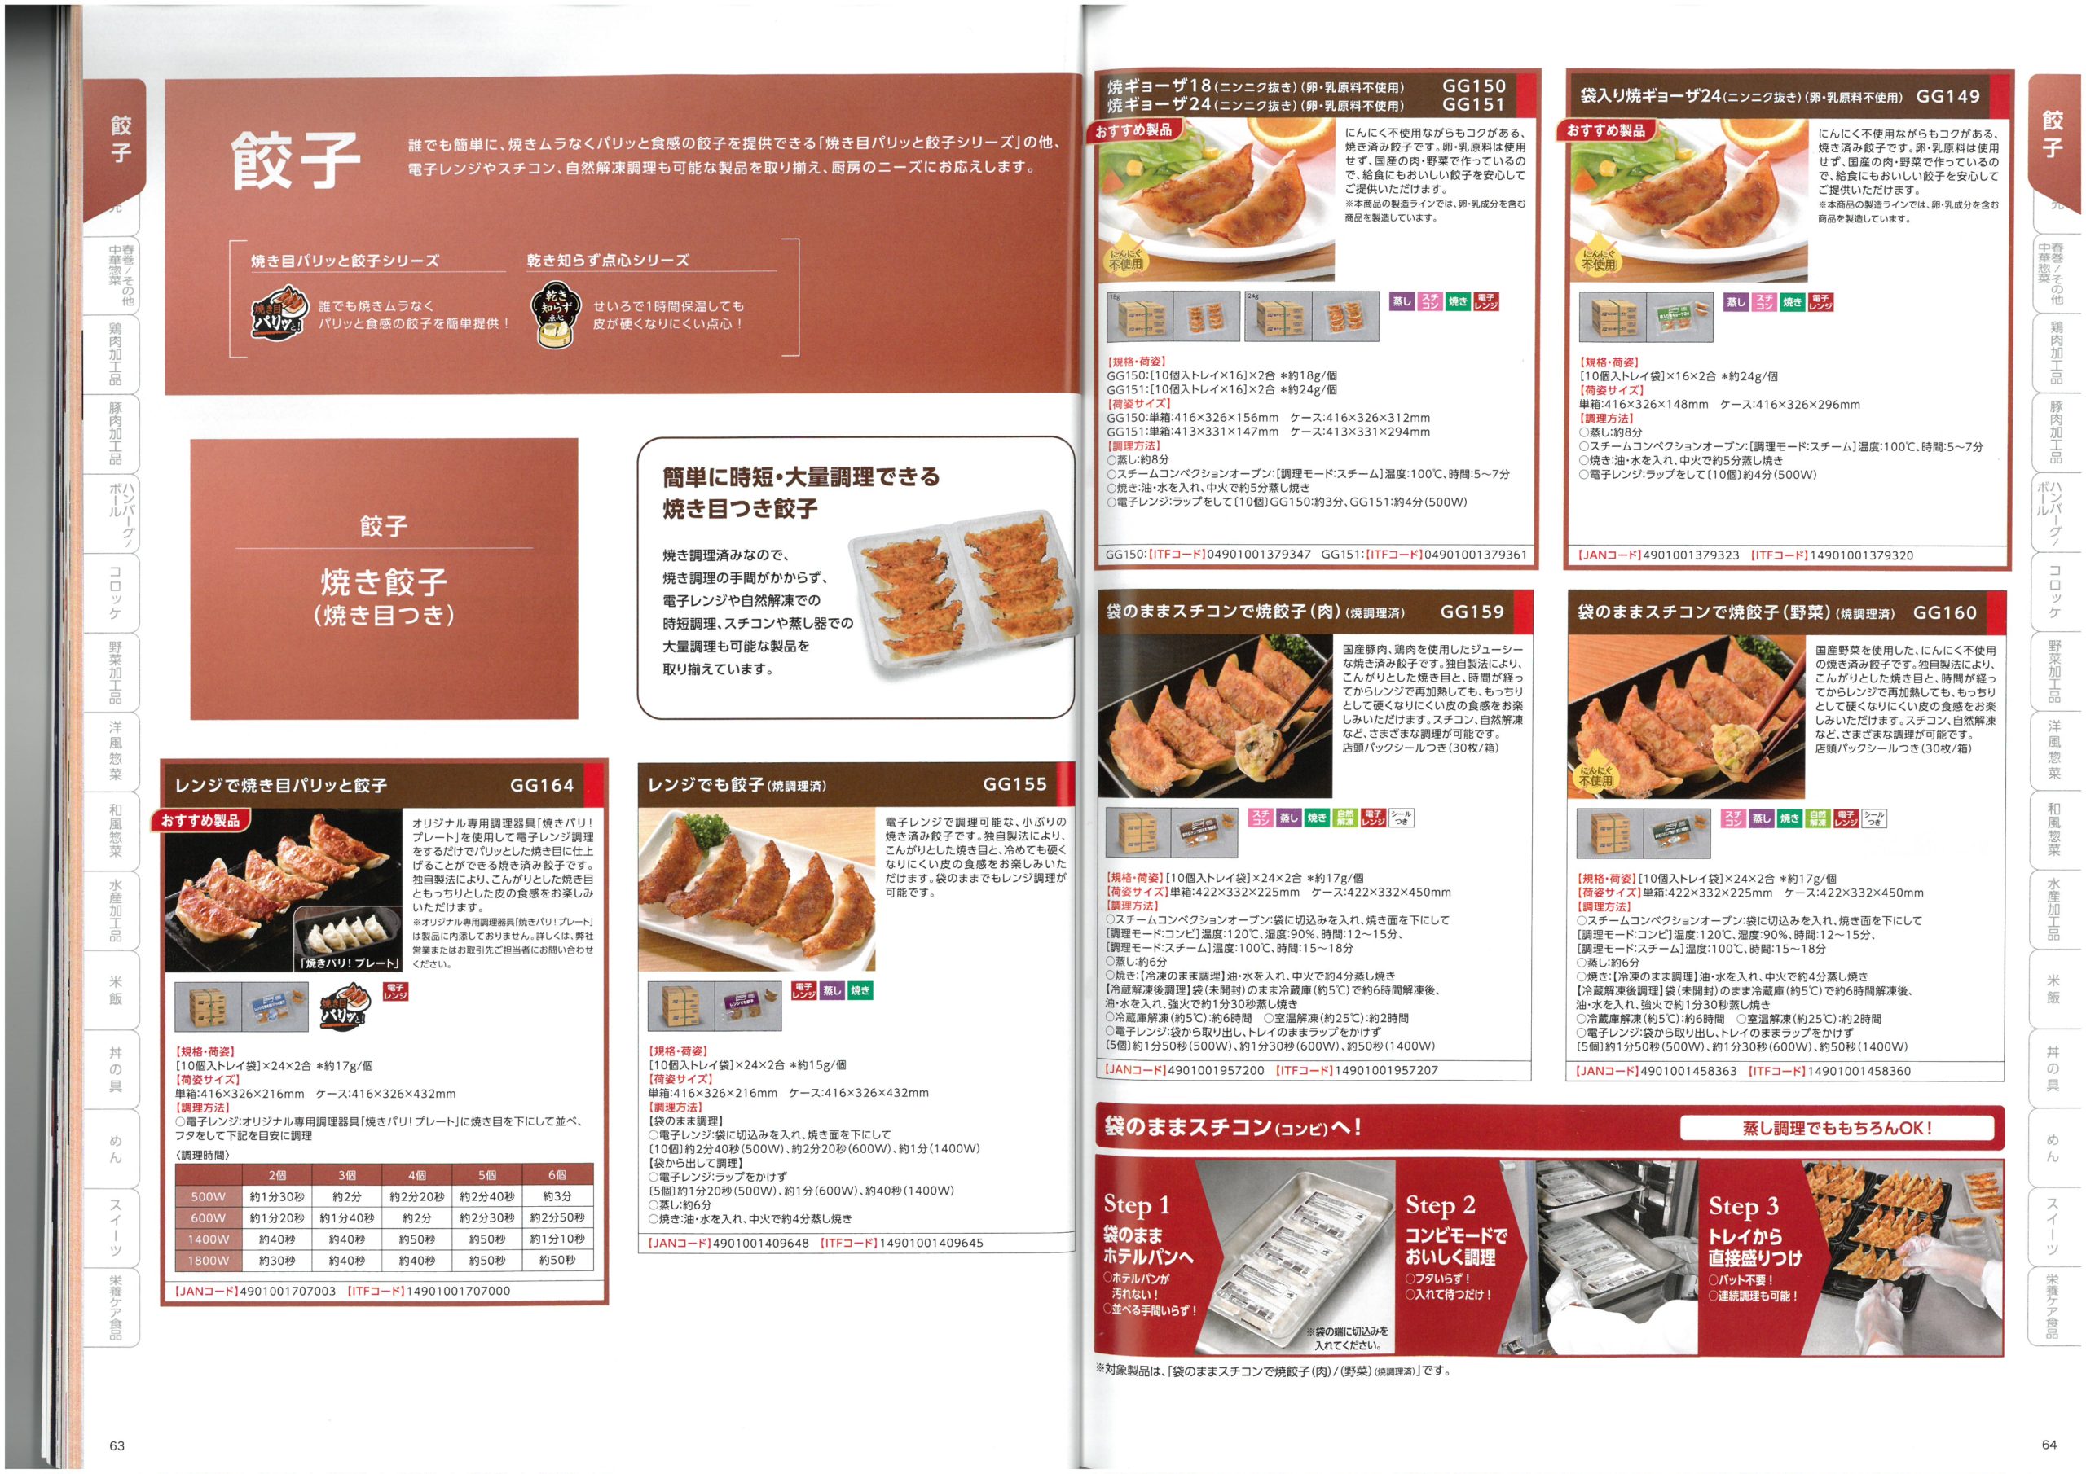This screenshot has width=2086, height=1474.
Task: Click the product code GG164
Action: pos(542,785)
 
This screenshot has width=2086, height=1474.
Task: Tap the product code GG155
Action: pos(1014,783)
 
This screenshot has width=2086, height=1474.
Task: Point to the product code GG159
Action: pos(1472,612)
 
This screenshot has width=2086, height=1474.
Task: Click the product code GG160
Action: pos(1944,613)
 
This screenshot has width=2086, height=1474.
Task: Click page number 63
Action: pos(117,1445)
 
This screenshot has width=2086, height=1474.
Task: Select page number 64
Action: pos(2049,1444)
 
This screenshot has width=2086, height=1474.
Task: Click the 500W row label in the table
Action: pos(208,1197)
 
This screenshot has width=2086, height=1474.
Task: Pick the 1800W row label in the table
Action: pos(208,1261)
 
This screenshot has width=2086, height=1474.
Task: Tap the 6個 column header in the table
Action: pos(557,1175)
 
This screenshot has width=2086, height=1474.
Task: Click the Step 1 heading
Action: pos(1137,1205)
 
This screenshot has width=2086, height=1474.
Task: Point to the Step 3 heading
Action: pos(1743,1206)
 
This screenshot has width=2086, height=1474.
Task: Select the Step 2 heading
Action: pos(1440,1205)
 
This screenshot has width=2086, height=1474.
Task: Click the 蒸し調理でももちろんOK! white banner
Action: pos(1836,1128)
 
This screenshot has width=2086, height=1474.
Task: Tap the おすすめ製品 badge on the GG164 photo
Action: pos(200,821)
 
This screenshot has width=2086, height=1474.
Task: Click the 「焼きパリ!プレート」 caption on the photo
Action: pos(349,963)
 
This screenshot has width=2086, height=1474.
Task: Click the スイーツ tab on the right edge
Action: pos(2052,1226)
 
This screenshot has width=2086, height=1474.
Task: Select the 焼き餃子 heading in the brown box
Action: pos(384,581)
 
